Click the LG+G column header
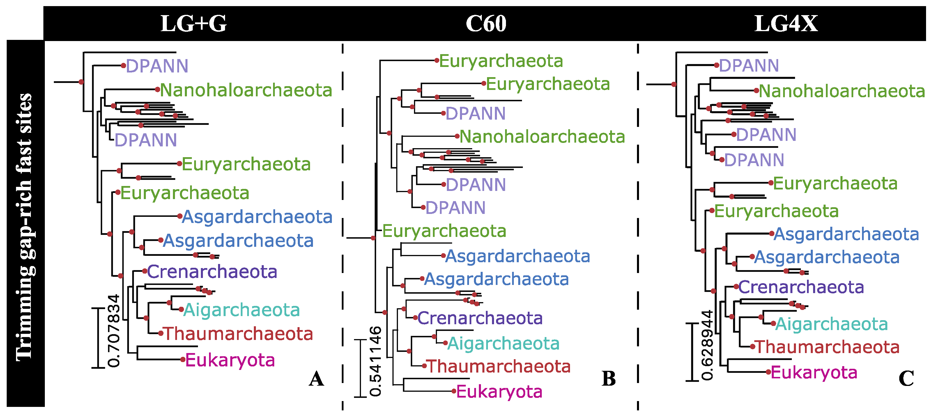(193, 24)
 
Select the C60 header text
(486, 24)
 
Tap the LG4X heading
(786, 24)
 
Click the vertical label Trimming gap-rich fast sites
(24, 227)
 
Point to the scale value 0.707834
(114, 331)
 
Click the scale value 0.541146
(376, 361)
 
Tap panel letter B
(609, 379)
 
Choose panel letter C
(906, 379)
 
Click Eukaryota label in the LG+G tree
(230, 360)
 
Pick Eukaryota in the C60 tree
(499, 392)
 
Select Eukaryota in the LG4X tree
(814, 373)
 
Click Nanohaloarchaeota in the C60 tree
(542, 137)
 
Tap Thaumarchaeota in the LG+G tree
(238, 334)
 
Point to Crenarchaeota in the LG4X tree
(801, 287)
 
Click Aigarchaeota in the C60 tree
(503, 343)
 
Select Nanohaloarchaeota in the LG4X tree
(841, 91)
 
